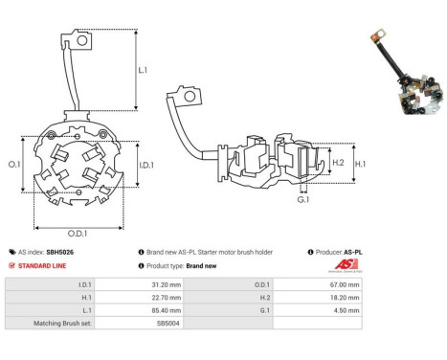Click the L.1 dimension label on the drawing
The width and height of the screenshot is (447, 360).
[143, 70]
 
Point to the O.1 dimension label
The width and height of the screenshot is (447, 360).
[14, 164]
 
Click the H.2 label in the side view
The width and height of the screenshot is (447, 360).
[338, 163]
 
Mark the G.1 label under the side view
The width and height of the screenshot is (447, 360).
[303, 200]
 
